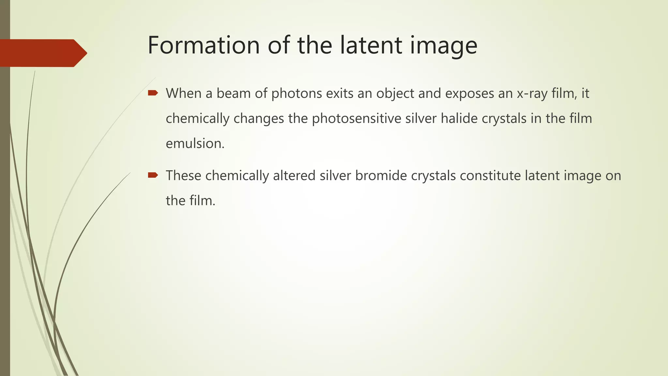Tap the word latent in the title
pos(371,45)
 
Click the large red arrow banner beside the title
pos(42,53)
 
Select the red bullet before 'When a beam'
pos(153,93)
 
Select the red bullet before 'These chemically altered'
pos(153,176)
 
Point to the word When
pos(183,93)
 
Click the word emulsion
pos(195,144)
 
